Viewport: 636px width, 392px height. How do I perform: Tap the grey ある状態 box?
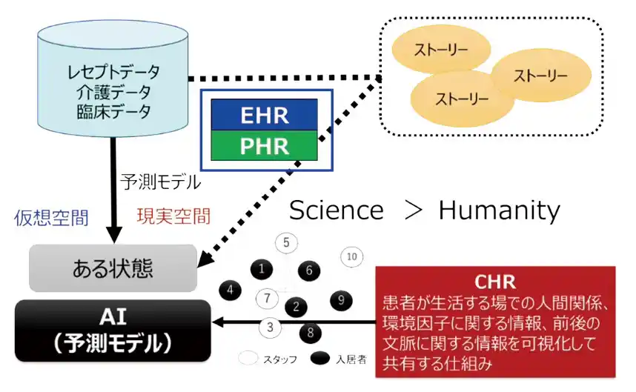coord(113,267)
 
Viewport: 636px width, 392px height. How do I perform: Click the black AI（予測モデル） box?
coord(113,330)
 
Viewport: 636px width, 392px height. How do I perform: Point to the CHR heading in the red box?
coord(496,283)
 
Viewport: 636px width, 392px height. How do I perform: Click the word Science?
coord(337,210)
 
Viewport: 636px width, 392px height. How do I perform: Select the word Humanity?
coord(499,210)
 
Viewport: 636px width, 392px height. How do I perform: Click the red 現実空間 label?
coord(173,216)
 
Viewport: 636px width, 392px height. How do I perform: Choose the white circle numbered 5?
coord(286,242)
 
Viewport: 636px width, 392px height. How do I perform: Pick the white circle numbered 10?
coord(351,256)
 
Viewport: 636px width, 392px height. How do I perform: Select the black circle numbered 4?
coord(231,290)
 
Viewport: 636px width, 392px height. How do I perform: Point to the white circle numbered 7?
coord(267,298)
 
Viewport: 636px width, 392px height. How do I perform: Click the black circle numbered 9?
coord(340,300)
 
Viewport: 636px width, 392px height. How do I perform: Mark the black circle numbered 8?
coord(309,331)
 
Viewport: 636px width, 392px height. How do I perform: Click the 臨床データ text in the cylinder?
coord(113,113)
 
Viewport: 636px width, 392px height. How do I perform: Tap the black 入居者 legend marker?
coord(319,359)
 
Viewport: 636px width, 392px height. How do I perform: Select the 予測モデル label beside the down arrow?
coord(160,180)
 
